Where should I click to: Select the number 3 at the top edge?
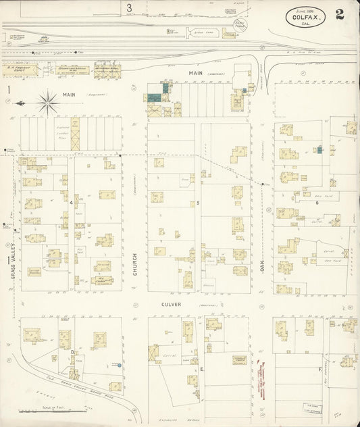pos(128,8)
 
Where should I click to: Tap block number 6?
pos(316,202)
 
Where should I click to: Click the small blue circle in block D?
pos(119,366)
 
